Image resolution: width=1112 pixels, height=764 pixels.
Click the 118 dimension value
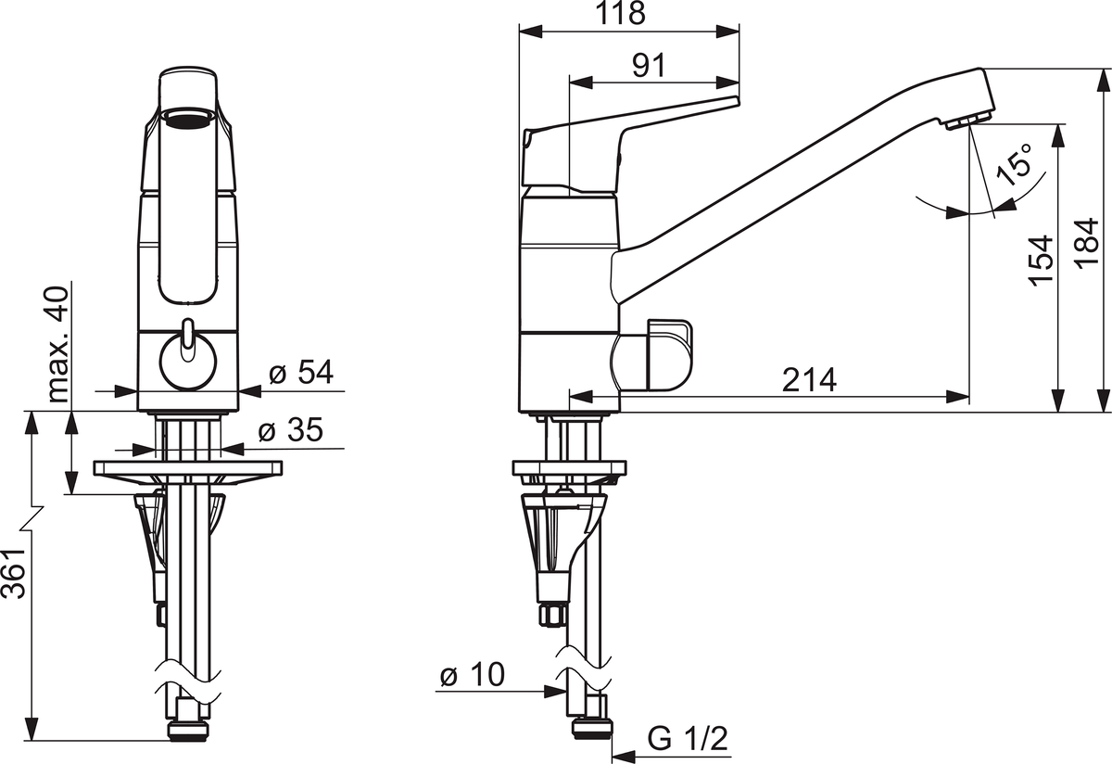click(x=621, y=13)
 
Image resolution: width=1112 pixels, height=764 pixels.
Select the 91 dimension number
click(x=649, y=65)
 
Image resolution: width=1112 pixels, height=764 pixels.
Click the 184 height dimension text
click(x=1087, y=244)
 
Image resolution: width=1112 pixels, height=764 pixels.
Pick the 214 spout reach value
click(x=809, y=379)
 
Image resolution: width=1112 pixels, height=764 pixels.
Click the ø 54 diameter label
click(x=301, y=372)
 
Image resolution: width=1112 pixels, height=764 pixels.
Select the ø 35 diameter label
click(x=290, y=429)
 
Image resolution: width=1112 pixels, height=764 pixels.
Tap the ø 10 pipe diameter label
click(x=472, y=675)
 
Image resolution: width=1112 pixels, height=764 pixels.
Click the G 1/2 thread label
click(x=688, y=738)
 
